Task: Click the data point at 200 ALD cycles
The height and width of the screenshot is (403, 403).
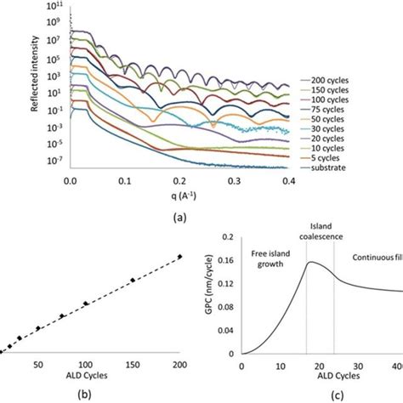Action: pos(179,258)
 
